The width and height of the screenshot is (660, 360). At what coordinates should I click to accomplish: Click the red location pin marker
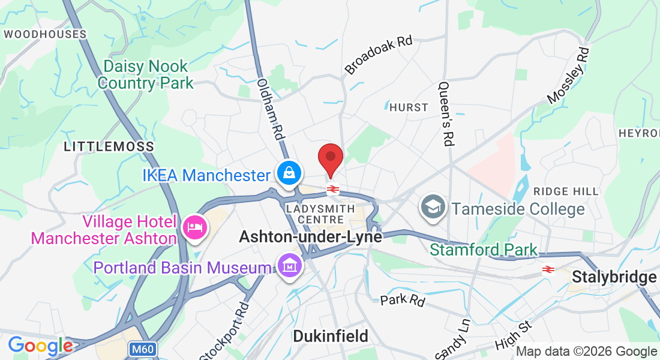tap(330, 158)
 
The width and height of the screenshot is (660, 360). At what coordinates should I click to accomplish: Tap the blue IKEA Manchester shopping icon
tap(289, 174)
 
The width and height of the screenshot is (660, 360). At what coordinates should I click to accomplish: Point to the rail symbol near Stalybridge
tap(547, 269)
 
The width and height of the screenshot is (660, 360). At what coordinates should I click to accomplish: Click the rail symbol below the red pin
tap(333, 190)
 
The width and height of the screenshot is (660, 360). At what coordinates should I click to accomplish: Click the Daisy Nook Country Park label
tap(146, 74)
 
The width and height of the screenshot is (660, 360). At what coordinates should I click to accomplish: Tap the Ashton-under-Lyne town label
tap(310, 237)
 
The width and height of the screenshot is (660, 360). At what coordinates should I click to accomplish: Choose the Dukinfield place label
tap(330, 336)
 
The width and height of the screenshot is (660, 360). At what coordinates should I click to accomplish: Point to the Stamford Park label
tap(484, 249)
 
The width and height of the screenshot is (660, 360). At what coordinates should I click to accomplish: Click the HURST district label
tap(409, 107)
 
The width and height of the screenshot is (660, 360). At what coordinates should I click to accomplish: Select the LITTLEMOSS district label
tap(109, 146)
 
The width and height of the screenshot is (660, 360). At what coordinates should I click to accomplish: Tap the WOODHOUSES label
tap(46, 34)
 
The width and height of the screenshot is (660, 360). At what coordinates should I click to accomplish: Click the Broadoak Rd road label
tap(379, 55)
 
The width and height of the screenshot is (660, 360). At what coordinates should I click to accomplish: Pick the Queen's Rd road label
tap(446, 114)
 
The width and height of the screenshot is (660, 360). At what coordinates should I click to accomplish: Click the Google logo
tap(40, 346)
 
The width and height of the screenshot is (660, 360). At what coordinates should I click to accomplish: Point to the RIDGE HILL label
tap(566, 191)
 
